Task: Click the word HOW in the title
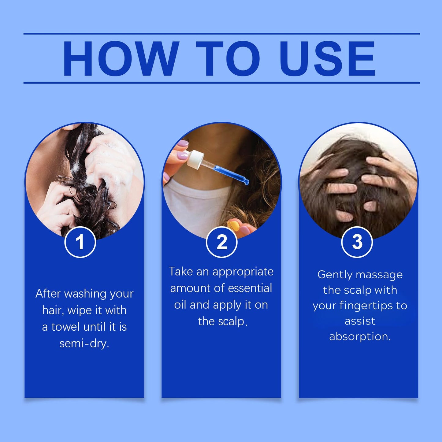point(121,58)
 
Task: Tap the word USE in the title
point(327,58)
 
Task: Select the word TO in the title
point(228,58)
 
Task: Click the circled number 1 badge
point(80,242)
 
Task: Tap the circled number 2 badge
point(221,242)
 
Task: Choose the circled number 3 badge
point(357,242)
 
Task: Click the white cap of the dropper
point(195,159)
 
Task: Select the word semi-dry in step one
point(84,344)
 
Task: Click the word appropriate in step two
point(243,272)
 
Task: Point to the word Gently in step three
point(335,275)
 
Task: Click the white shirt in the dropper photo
point(195,206)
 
